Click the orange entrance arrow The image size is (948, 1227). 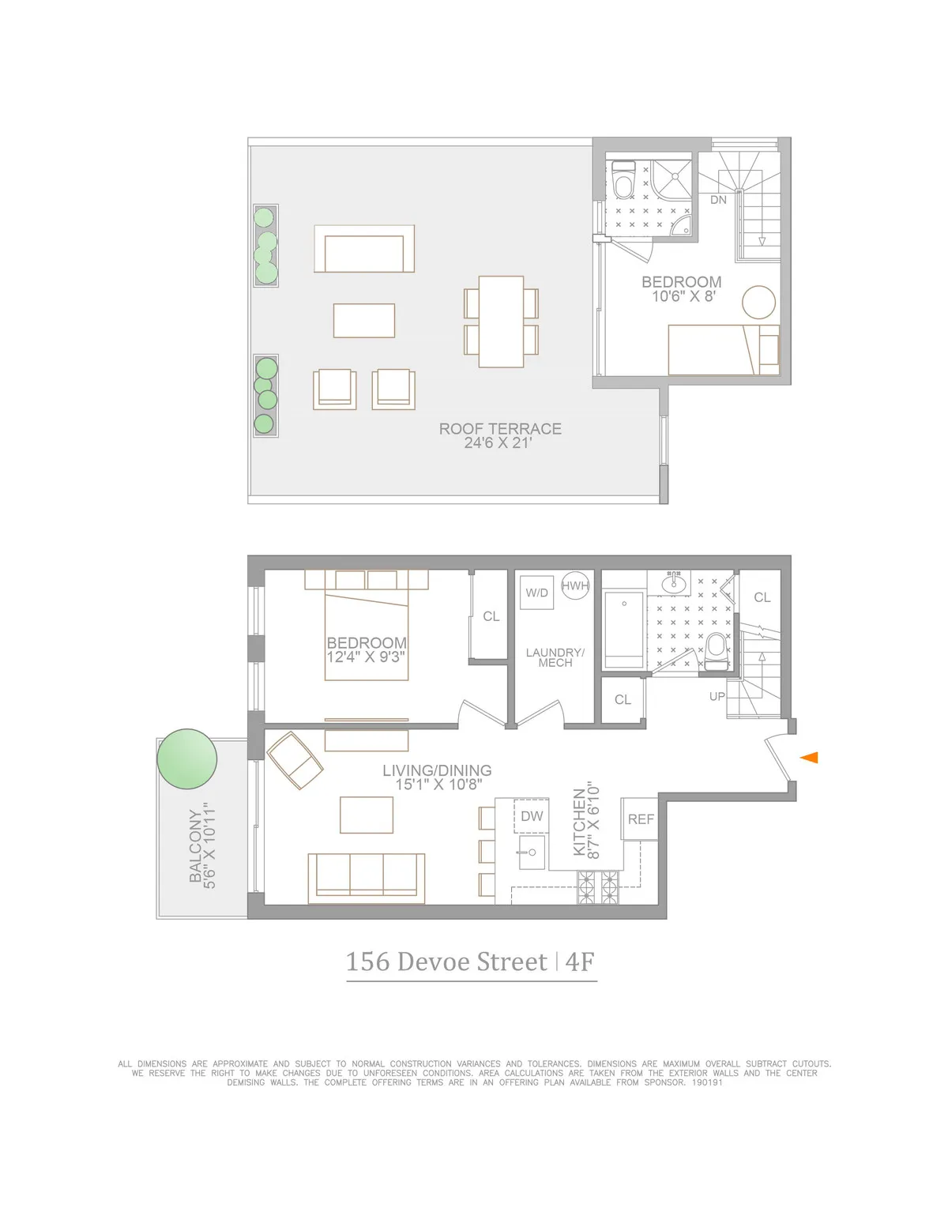pyautogui.click(x=809, y=758)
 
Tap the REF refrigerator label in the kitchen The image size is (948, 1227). pyautogui.click(x=641, y=819)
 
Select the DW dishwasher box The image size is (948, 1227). pyautogui.click(x=532, y=816)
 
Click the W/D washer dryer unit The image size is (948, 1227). pyautogui.click(x=537, y=593)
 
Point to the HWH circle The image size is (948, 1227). pyautogui.click(x=575, y=585)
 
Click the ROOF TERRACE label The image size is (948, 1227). pyautogui.click(x=500, y=429)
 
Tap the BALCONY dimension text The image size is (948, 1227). pyautogui.click(x=202, y=845)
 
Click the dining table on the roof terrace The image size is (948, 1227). pyautogui.click(x=501, y=321)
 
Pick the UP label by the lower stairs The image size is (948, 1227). pyautogui.click(x=717, y=697)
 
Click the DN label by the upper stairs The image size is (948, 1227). pyautogui.click(x=718, y=200)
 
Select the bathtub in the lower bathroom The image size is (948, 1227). pyautogui.click(x=624, y=630)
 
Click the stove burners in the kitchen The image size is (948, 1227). pyautogui.click(x=598, y=887)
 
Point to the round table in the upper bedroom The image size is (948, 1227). pyautogui.click(x=759, y=302)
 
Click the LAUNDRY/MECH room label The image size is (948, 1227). pyautogui.click(x=555, y=657)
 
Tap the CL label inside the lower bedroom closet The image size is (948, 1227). pyautogui.click(x=491, y=616)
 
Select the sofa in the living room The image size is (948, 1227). pyautogui.click(x=366, y=877)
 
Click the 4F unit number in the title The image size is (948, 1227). pyautogui.click(x=580, y=962)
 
